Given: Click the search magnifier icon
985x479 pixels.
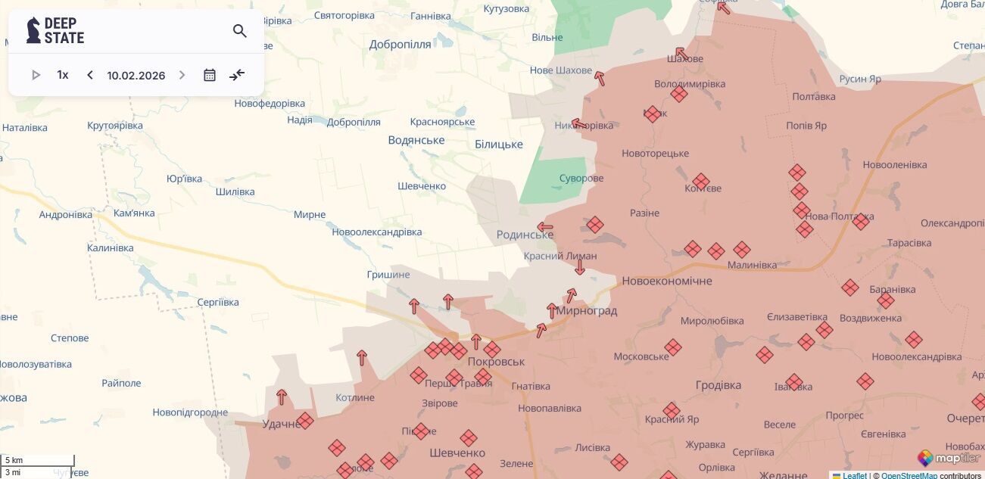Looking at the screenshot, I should (240, 31).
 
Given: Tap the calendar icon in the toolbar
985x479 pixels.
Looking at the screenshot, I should (210, 75).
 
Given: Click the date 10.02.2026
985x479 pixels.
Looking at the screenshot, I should (136, 76).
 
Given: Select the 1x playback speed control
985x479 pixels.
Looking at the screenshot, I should (63, 75).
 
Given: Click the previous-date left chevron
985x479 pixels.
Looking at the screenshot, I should (90, 75).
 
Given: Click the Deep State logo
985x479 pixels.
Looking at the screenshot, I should (55, 31).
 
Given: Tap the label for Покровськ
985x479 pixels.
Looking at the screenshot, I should (496, 362).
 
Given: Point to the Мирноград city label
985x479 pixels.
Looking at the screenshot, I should (587, 311).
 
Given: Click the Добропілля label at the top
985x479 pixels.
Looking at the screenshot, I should (400, 45).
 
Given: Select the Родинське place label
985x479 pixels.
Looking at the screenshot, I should (525, 235).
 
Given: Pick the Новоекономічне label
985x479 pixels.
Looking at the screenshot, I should (666, 281).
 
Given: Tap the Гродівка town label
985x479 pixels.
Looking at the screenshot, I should (718, 385).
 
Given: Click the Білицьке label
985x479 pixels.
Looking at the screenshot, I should (498, 145).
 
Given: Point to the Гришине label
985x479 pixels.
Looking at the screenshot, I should (388, 275).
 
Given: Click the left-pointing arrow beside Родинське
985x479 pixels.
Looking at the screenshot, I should (545, 227).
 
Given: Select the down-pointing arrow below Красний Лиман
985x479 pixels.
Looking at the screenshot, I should (580, 267).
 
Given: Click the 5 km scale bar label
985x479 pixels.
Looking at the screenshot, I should (14, 460).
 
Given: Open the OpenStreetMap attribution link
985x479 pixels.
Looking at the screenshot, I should (909, 475).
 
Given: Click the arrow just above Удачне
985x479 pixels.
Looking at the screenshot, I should (282, 397).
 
